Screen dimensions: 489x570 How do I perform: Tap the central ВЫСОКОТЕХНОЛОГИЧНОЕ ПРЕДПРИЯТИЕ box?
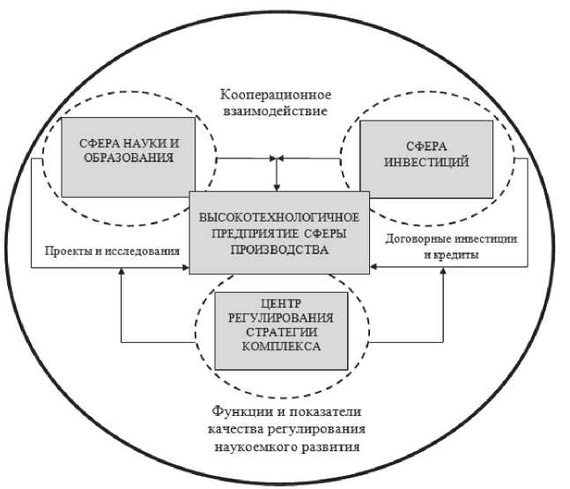point(277,233)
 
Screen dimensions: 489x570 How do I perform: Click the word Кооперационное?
point(275,94)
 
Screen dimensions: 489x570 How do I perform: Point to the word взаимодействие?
point(276,112)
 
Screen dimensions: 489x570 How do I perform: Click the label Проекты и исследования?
point(106,251)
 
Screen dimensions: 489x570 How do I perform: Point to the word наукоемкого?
point(249,446)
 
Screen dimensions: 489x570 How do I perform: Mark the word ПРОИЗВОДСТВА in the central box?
point(277,250)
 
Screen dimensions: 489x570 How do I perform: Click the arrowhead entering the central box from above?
point(277,186)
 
